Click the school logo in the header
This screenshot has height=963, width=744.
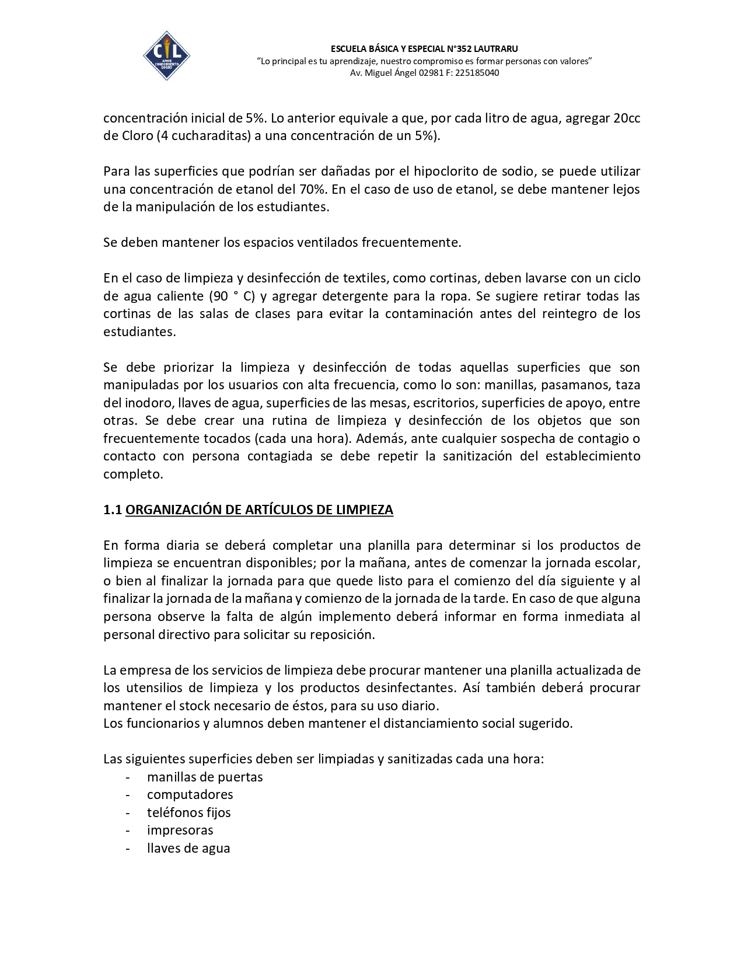[166, 55]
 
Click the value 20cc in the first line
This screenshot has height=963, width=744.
[626, 118]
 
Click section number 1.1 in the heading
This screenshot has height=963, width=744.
[112, 510]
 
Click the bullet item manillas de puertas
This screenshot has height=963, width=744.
[205, 777]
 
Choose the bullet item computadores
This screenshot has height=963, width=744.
[190, 795]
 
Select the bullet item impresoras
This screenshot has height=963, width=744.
[180, 831]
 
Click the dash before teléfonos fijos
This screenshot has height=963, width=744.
[127, 813]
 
